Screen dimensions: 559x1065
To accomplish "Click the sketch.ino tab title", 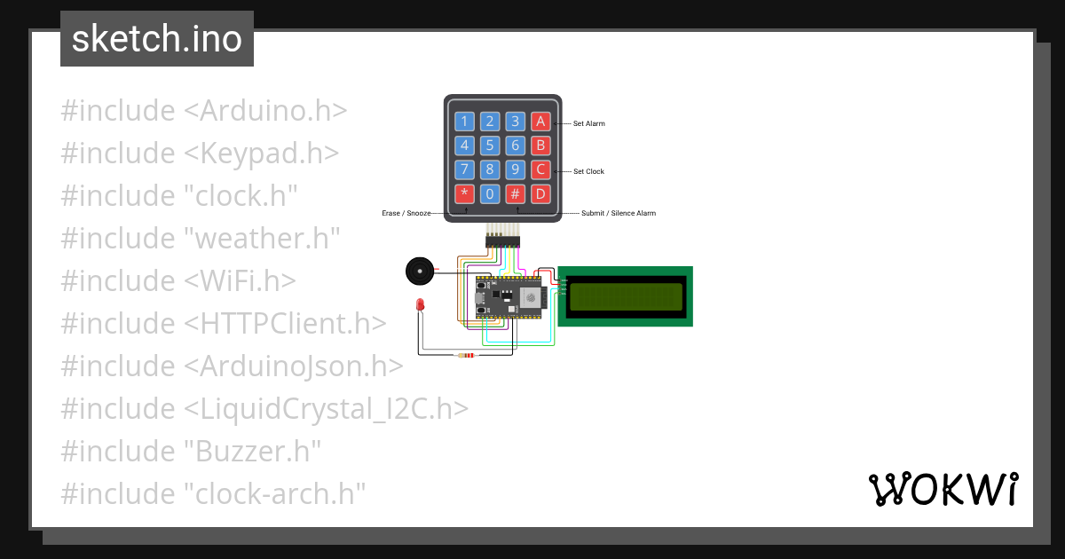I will coord(157,39).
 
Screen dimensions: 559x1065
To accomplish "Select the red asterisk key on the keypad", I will coord(464,193).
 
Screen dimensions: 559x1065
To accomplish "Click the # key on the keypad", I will coord(516,193).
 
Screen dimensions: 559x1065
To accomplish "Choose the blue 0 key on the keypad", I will coord(490,193).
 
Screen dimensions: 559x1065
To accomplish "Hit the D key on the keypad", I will coord(541,193).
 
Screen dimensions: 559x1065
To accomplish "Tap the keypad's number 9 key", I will coord(516,169).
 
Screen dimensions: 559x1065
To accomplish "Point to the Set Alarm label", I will coord(588,123).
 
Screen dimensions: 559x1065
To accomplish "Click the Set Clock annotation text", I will coord(588,171).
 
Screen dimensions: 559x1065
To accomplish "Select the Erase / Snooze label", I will coord(406,214).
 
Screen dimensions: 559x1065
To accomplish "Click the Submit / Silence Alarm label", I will coord(619,214).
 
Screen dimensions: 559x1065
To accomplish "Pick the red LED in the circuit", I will coord(420,305).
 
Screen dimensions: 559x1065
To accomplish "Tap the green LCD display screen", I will coord(626,296).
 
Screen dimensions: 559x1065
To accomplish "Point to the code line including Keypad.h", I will coord(200,154).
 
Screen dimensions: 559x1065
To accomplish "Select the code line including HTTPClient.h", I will coord(224,324).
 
